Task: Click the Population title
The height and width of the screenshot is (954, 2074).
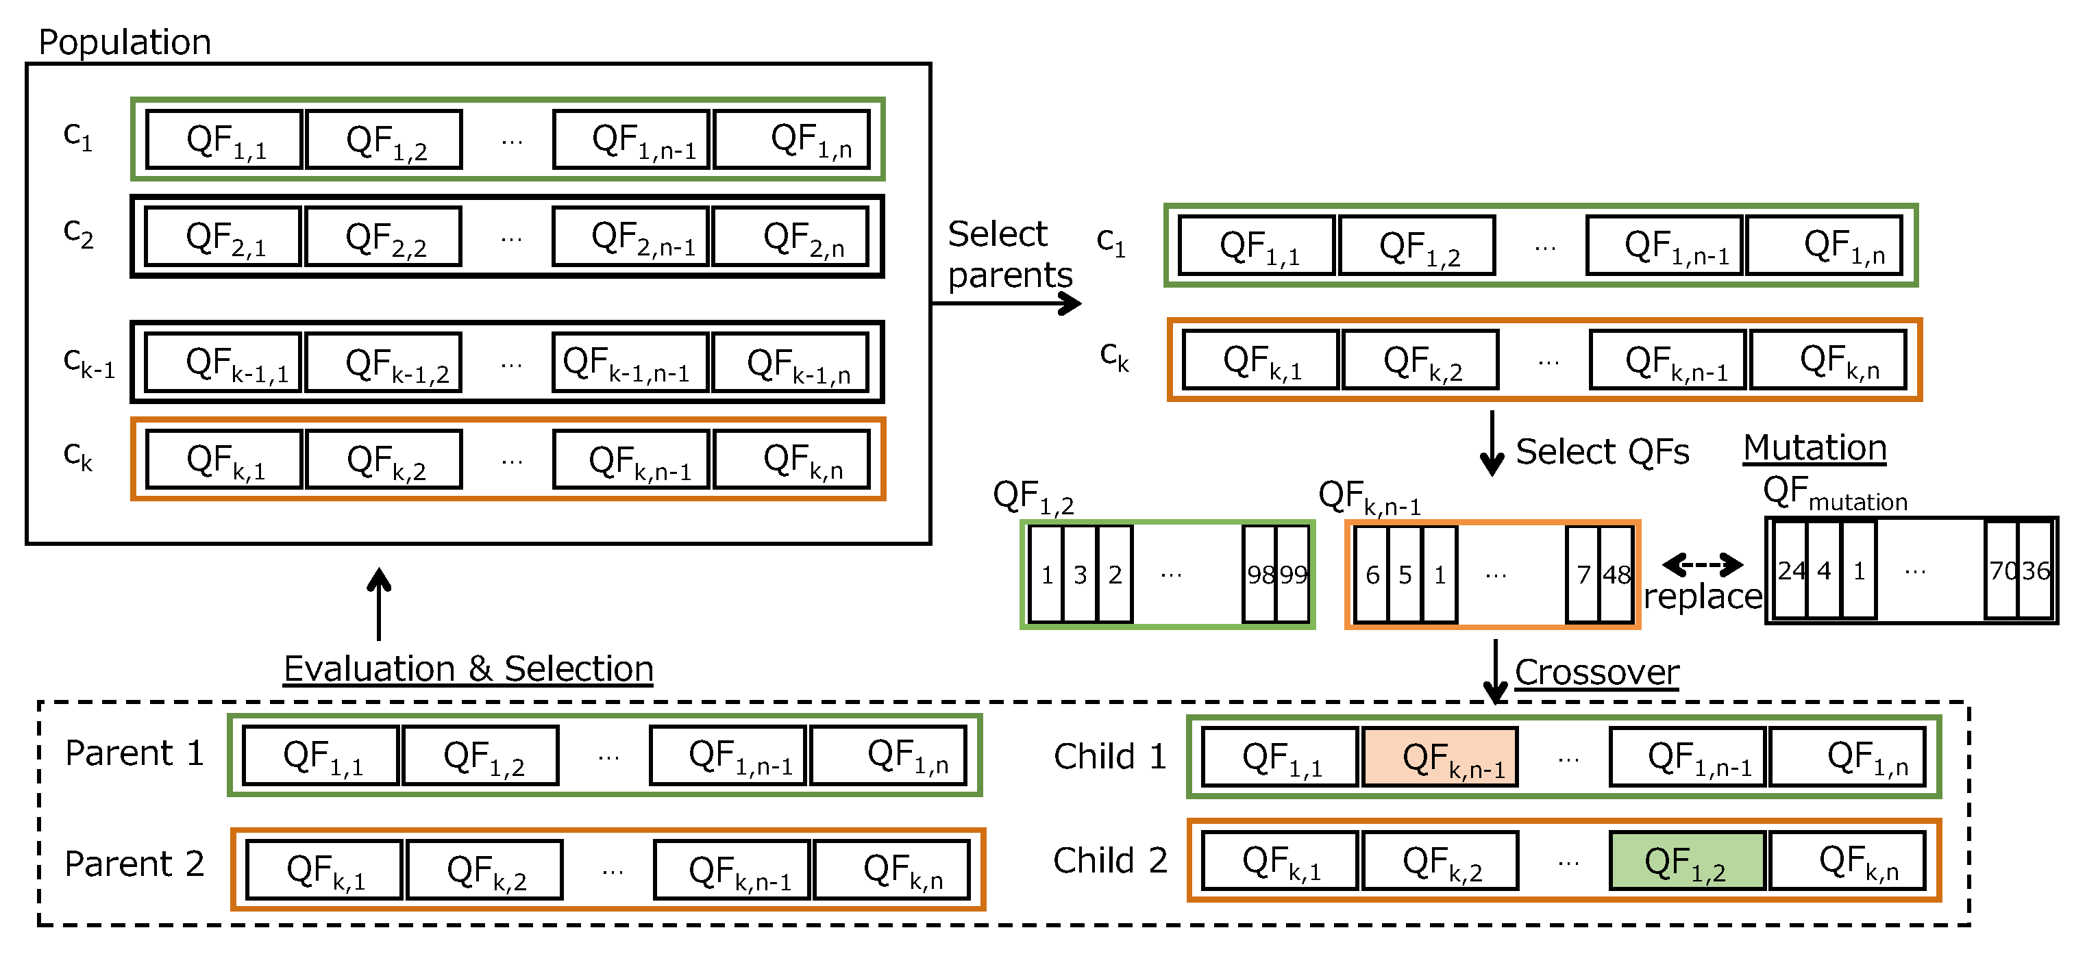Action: [x=125, y=42]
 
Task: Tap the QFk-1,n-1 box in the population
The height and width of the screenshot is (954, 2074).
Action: [x=630, y=362]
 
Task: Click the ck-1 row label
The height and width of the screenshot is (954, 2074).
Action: [x=88, y=362]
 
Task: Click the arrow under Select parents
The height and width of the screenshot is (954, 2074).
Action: [x=1007, y=303]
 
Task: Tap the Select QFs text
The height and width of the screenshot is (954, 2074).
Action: [x=1601, y=451]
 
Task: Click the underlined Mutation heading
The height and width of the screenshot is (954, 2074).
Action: [x=1815, y=448]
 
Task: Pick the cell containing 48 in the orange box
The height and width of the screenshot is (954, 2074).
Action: [x=1616, y=575]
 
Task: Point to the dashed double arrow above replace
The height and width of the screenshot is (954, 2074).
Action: [x=1703, y=564]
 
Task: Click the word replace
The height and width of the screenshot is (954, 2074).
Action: [x=1703, y=597]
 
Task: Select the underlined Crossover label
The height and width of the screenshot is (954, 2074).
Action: [x=1596, y=673]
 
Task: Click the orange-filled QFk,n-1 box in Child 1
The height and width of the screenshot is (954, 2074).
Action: [x=1440, y=757]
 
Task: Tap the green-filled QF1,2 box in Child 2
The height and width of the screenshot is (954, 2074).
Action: [x=1687, y=862]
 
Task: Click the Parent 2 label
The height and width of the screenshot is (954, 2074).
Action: [x=134, y=864]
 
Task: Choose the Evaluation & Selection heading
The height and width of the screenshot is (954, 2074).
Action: [x=468, y=669]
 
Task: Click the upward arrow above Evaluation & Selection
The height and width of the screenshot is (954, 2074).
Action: [x=378, y=604]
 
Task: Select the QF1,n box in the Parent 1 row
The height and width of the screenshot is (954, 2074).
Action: [x=888, y=755]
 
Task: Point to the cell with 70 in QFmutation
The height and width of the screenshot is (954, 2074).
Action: [x=2001, y=570]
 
